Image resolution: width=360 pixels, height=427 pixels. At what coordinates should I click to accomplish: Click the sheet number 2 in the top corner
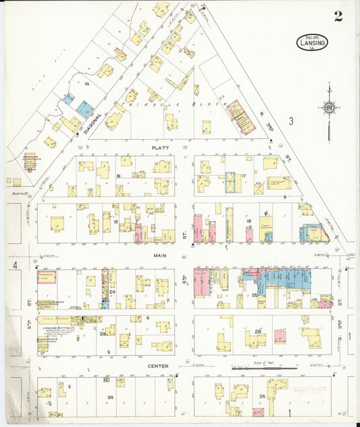(x=338, y=16)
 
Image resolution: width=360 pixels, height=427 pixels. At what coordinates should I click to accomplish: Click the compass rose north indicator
(x=329, y=107)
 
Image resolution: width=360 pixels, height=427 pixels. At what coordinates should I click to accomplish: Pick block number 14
(x=87, y=83)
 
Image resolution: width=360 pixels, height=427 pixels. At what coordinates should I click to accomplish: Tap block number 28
(x=257, y=331)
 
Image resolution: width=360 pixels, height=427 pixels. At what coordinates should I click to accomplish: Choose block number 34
(x=110, y=397)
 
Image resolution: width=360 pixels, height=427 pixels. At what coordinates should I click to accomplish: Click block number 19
(x=116, y=221)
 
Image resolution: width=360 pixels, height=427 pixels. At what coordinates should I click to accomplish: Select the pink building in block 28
(x=280, y=336)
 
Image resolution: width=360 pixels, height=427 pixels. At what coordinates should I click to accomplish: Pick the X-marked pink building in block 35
(x=258, y=411)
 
